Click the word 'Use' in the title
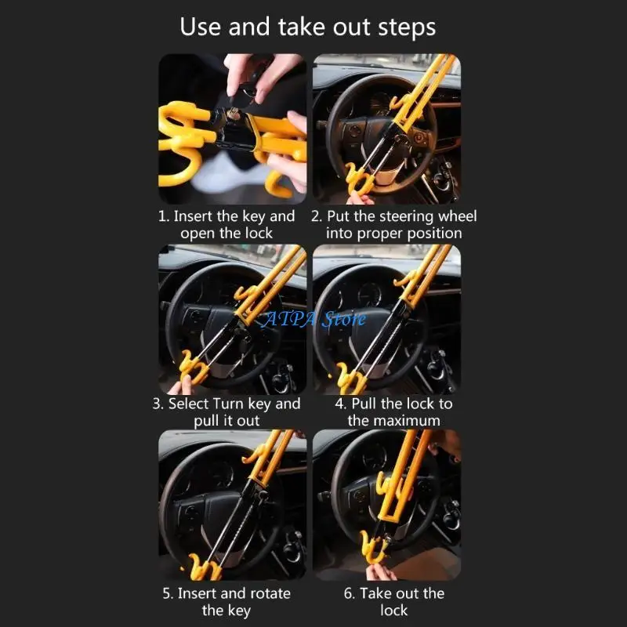[201, 27]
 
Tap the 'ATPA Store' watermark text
[314, 319]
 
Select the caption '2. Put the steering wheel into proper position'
[394, 224]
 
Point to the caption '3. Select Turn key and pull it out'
[227, 411]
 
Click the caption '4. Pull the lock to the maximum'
[394, 411]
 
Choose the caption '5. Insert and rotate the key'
[227, 601]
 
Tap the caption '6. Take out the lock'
[394, 601]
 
